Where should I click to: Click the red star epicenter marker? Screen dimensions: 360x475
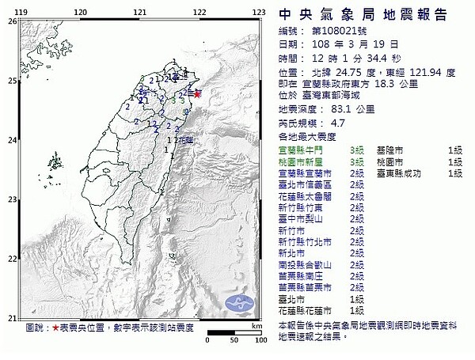[x=198, y=93]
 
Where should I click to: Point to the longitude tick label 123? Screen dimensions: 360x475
[x=258, y=11]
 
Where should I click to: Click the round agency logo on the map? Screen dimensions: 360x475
[x=239, y=303]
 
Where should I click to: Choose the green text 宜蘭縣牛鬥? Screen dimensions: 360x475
[x=302, y=149]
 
